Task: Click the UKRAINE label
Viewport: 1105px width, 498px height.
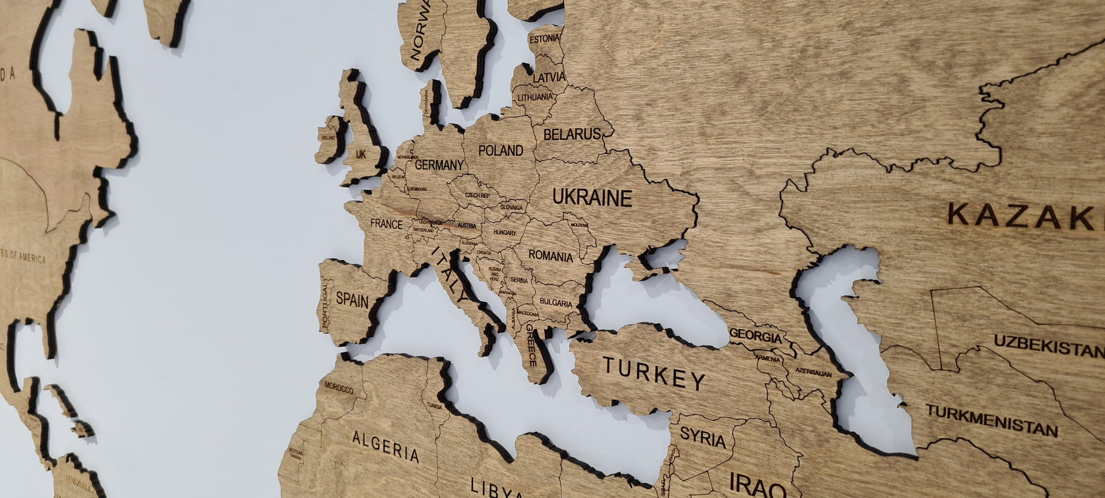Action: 592,197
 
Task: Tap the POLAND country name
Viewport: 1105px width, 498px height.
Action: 500,151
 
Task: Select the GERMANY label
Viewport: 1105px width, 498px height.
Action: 439,165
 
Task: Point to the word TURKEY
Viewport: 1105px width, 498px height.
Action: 654,373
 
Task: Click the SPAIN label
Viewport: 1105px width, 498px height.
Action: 352,300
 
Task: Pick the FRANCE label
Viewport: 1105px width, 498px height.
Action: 386,224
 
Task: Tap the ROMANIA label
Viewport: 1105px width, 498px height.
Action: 550,256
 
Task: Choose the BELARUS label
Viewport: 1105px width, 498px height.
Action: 572,135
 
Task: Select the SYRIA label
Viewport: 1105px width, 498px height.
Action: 702,438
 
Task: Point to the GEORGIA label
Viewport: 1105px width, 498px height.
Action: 755,336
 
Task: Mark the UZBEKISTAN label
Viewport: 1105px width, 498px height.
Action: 1048,345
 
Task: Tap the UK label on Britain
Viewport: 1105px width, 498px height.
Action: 361,154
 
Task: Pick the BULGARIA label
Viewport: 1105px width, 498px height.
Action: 556,303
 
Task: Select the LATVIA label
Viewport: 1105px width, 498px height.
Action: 549,77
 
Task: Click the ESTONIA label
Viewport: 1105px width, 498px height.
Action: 544,39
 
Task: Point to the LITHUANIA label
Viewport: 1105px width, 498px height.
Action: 534,97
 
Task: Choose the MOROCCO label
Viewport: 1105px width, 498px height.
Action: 339,388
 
